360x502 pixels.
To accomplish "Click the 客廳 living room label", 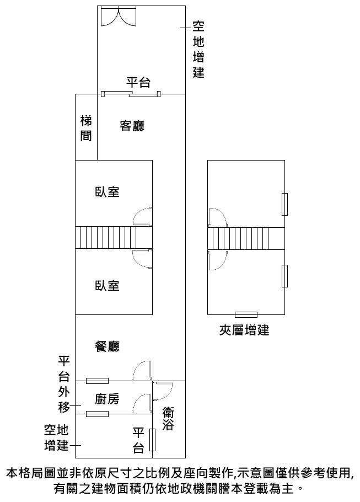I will (132, 126).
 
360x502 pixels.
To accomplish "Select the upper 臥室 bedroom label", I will (108, 192).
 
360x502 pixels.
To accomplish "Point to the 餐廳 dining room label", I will (108, 346).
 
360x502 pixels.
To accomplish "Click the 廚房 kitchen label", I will (108, 399).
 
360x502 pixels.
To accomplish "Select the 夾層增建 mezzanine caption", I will (244, 331).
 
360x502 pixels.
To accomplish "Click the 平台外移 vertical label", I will (64, 385).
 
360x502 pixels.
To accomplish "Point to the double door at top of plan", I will (117, 16).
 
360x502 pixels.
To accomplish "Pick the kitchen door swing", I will (143, 402).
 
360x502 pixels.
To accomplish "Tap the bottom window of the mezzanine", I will (246, 314).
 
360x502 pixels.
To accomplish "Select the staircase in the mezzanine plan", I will (246, 238).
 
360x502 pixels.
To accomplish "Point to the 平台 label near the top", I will (138, 83).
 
